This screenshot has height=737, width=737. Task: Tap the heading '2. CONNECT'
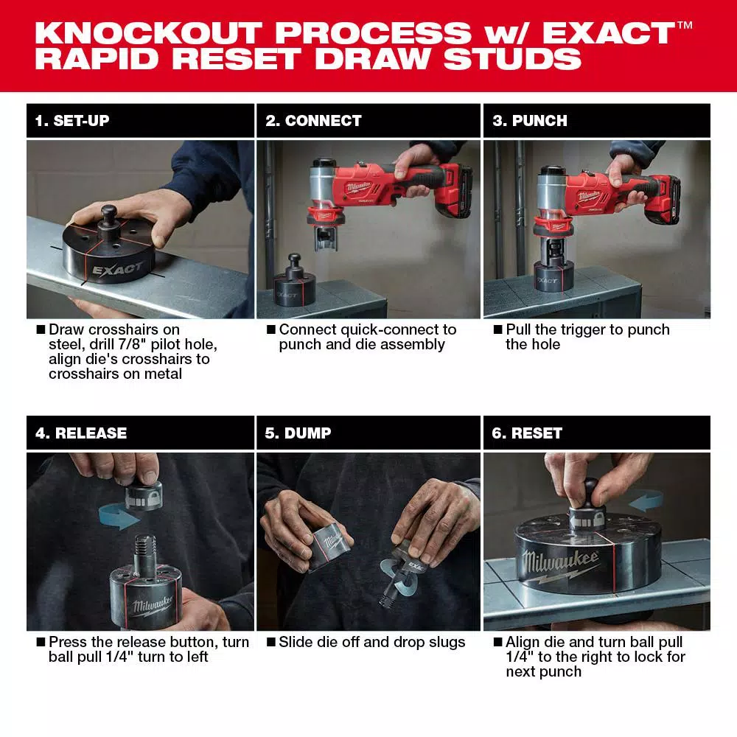[313, 121]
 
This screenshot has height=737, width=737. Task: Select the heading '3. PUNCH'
[530, 121]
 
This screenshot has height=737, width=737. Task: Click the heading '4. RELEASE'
[81, 433]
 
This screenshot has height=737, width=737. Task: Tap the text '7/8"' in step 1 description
[136, 344]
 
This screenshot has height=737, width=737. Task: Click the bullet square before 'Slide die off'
[270, 642]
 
